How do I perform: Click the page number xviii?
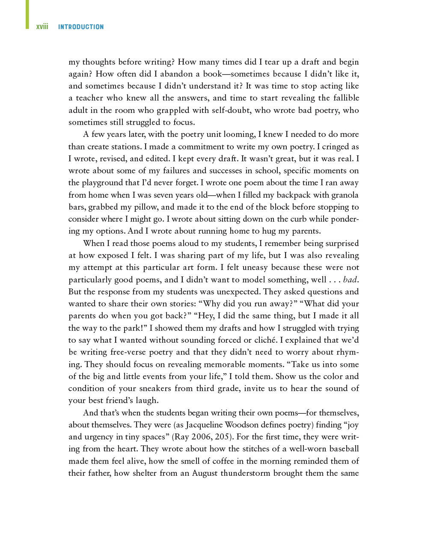point(42,27)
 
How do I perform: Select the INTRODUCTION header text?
point(81,27)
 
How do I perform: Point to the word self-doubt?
point(230,110)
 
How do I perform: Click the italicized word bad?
point(350,280)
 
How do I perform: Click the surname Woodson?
point(242,425)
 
